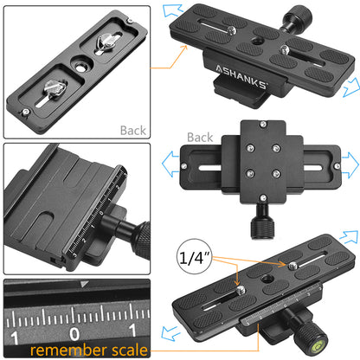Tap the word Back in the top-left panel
(x=134, y=131)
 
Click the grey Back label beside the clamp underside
(x=199, y=138)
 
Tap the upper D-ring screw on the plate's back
(x=109, y=40)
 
